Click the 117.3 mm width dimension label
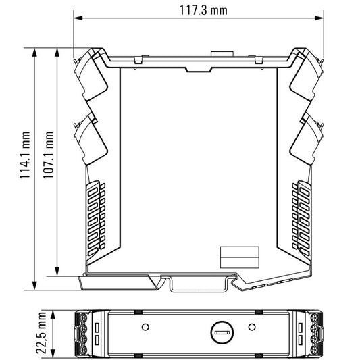(x=203, y=10)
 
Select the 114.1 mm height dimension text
(x=24, y=155)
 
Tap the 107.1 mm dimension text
(x=48, y=155)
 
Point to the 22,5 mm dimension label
(x=41, y=333)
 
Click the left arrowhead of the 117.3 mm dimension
(x=78, y=18)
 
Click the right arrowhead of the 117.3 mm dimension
(x=319, y=18)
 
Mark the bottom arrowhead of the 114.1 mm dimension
(x=34, y=286)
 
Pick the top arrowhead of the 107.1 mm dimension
(x=57, y=53)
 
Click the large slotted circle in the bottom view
(x=222, y=332)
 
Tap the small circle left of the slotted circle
(x=145, y=327)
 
